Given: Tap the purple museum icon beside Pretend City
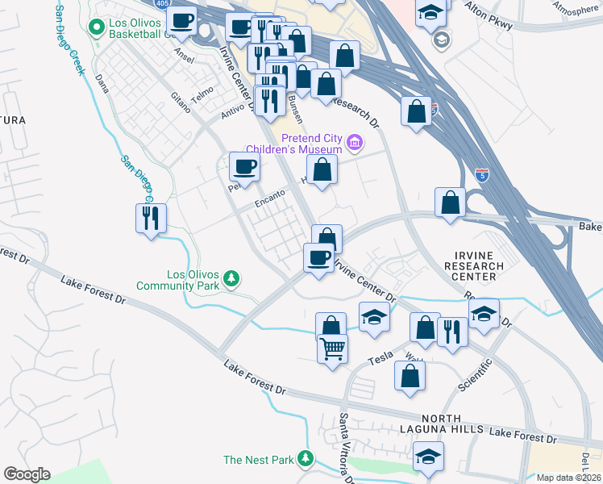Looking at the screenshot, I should pyautogui.click(x=353, y=144).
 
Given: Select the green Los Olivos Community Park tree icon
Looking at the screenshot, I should pyautogui.click(x=232, y=278).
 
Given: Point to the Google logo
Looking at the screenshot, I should pyautogui.click(x=27, y=474).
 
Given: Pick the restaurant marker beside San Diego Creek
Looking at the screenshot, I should pyautogui.click(x=152, y=218).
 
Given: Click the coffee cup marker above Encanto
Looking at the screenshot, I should pyautogui.click(x=244, y=167).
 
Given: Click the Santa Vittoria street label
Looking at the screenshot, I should pyautogui.click(x=345, y=449).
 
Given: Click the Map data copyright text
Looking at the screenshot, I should pyautogui.click(x=568, y=478).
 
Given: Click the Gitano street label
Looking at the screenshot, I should pyautogui.click(x=179, y=100).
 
